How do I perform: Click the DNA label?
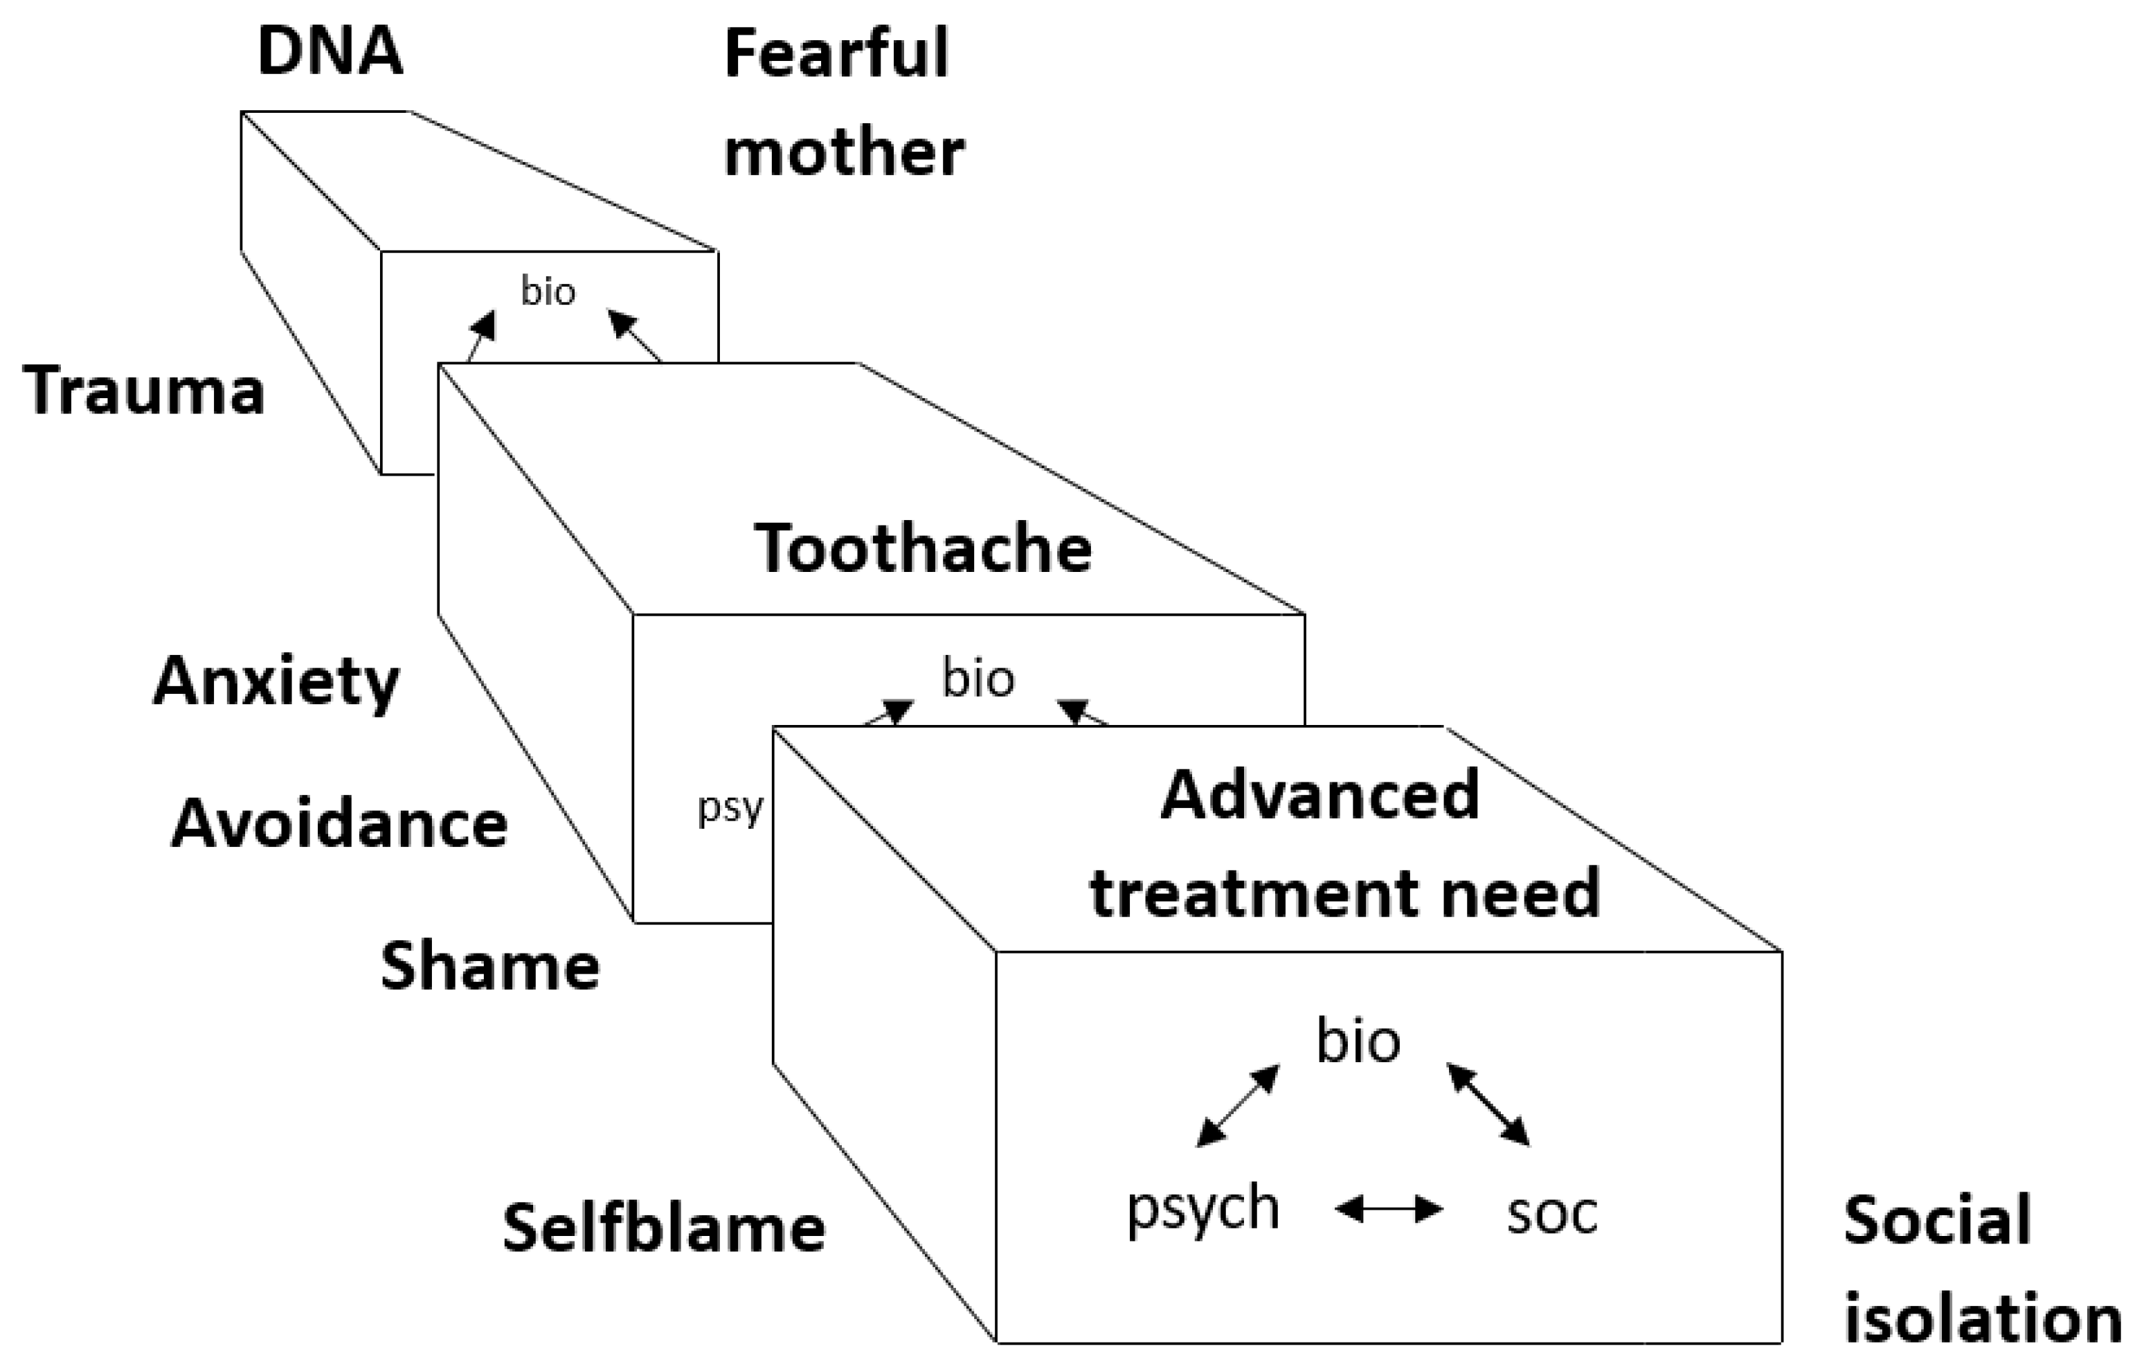(330, 52)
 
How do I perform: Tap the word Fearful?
(836, 53)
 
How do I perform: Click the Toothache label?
(924, 548)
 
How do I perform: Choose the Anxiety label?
(276, 683)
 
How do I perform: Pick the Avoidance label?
(339, 825)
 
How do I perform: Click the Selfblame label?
(664, 1228)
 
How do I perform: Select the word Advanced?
(1319, 794)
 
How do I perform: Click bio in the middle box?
(978, 679)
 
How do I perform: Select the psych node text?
(1203, 1210)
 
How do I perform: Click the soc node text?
(1552, 1212)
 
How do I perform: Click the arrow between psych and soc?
(1389, 1209)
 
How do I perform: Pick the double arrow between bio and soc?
(1488, 1104)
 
